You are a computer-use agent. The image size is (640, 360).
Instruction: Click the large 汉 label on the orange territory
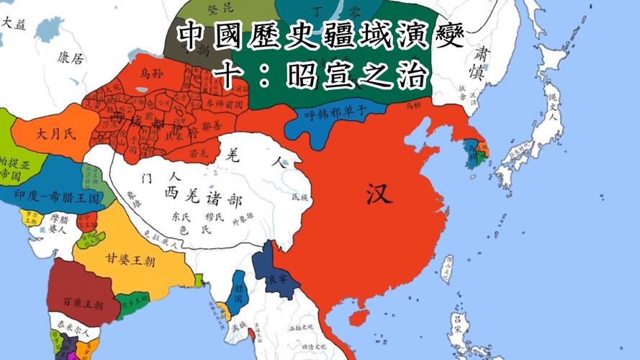click(x=380, y=193)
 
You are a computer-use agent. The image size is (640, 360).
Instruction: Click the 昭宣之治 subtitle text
click(x=356, y=76)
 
